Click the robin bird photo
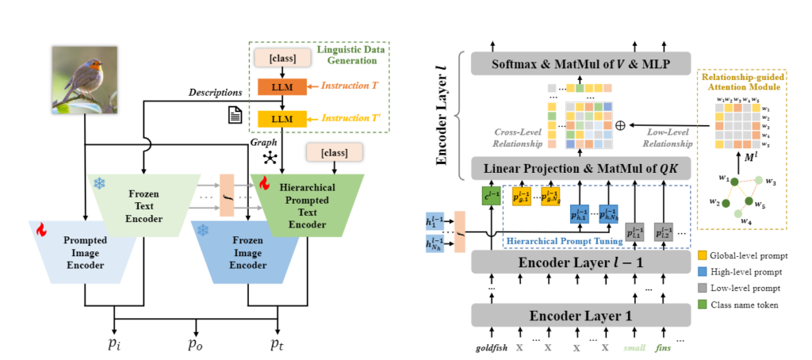(x=84, y=78)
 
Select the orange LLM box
(x=276, y=86)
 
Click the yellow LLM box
(x=276, y=119)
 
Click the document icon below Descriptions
(x=236, y=116)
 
